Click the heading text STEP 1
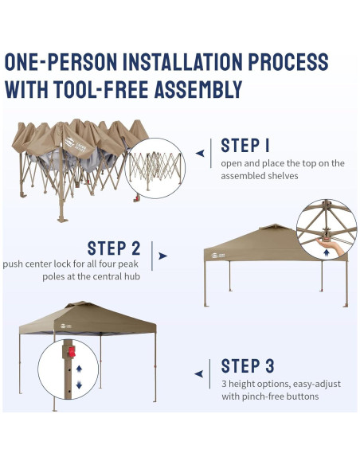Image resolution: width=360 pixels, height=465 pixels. point(245,146)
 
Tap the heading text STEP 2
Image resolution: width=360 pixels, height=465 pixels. point(114,248)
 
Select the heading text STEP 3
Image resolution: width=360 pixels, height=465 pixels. point(248,365)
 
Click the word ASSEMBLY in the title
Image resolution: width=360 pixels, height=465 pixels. point(198,89)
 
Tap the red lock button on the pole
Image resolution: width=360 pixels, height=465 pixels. point(72,352)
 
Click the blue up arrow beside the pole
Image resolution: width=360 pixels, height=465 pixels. point(79,369)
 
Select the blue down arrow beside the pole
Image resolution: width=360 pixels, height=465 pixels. point(79,385)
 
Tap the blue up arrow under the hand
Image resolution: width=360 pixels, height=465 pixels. point(327,252)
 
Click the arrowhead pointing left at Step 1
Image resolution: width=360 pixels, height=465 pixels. point(200,154)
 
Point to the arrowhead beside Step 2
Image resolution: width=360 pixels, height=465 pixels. point(162,256)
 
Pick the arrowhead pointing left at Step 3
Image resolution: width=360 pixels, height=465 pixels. point(198,373)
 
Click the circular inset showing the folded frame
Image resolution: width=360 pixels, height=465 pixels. point(155,168)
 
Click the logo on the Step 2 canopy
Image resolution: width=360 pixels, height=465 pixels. point(217,256)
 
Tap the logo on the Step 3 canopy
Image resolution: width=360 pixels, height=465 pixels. point(66,326)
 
